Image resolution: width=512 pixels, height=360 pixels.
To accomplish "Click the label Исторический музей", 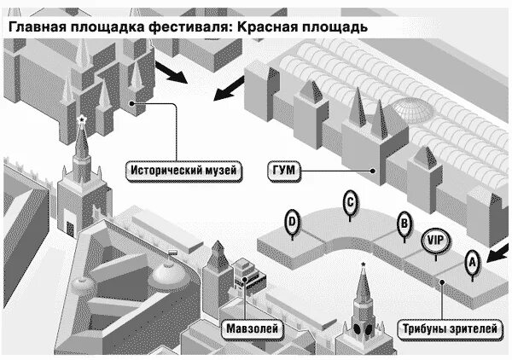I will point(183,171).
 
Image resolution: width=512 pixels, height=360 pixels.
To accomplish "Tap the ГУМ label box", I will point(283,171).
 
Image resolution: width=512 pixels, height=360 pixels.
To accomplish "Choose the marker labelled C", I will point(349,204).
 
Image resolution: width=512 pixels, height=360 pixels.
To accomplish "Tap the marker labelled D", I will point(293,224).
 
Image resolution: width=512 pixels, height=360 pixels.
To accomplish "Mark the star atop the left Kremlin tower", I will point(81,119).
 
